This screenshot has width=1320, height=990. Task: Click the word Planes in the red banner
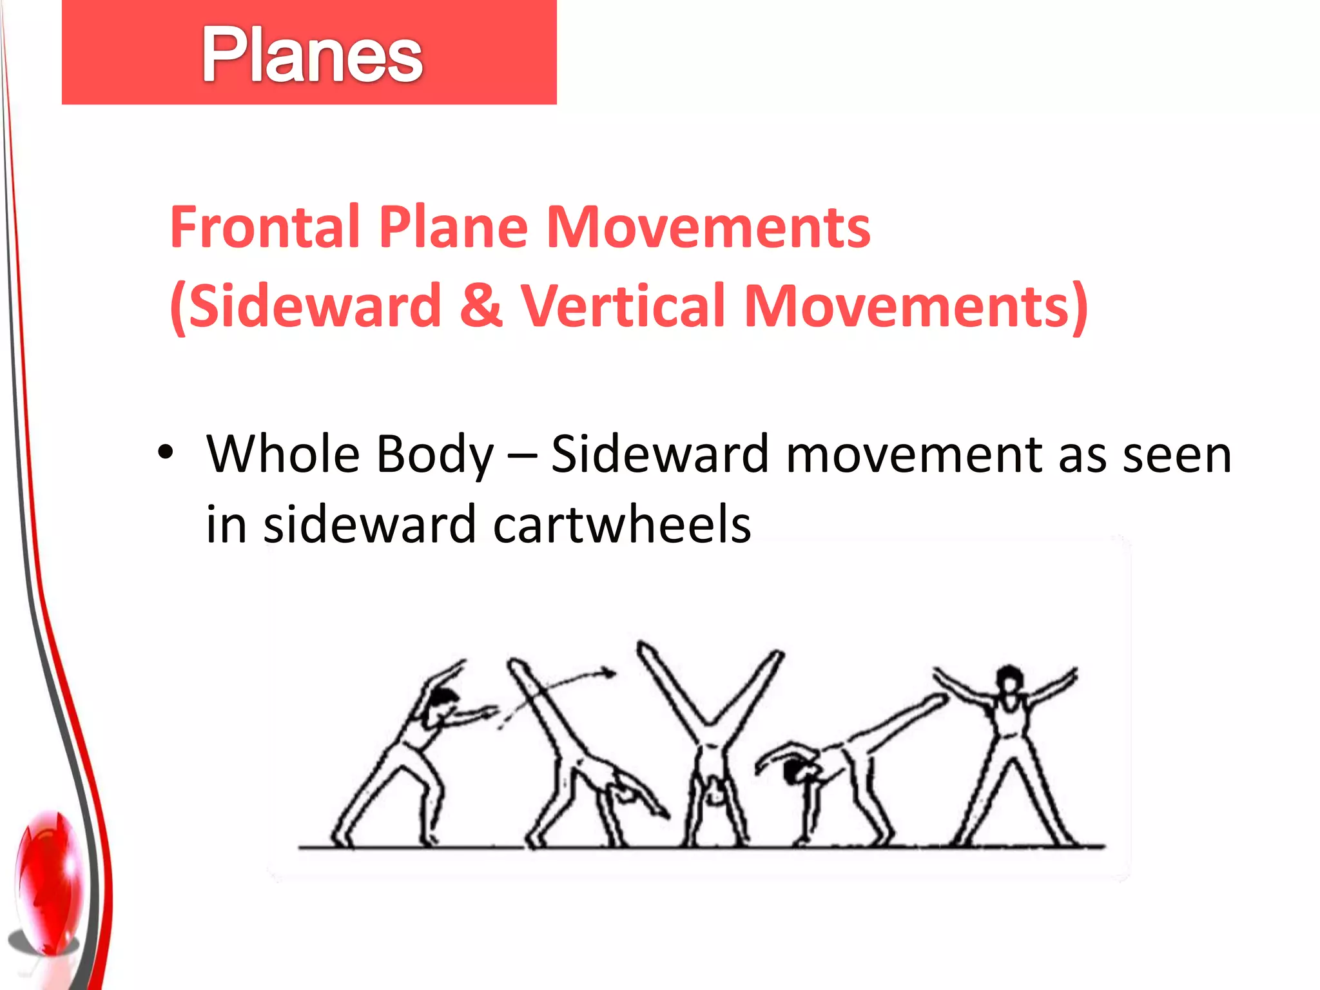point(312,55)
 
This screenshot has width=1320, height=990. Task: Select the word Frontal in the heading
point(264,227)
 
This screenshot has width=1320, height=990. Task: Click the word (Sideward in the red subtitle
point(306,306)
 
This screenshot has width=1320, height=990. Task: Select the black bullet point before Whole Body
point(166,452)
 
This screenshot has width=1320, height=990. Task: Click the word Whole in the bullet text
point(283,454)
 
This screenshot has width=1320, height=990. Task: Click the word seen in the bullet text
point(1177,455)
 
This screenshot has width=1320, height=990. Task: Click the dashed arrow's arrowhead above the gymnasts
point(608,674)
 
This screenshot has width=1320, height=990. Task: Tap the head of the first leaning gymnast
point(443,699)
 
